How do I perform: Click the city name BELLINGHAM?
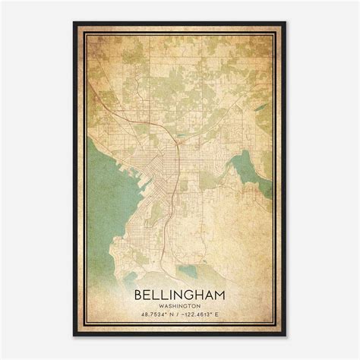(x=179, y=292)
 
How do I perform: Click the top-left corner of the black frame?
(x=74, y=22)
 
